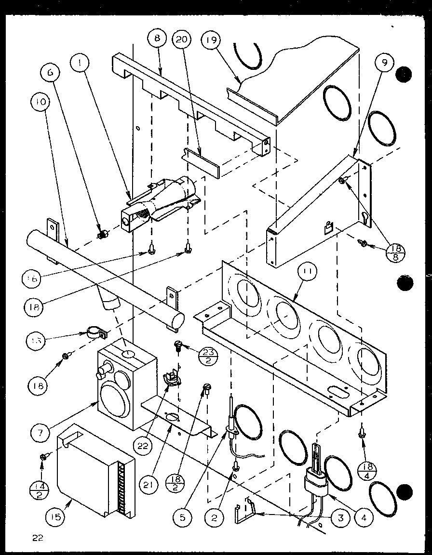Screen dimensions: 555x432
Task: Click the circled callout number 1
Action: (79, 63)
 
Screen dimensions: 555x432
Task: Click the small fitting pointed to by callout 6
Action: (102, 234)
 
